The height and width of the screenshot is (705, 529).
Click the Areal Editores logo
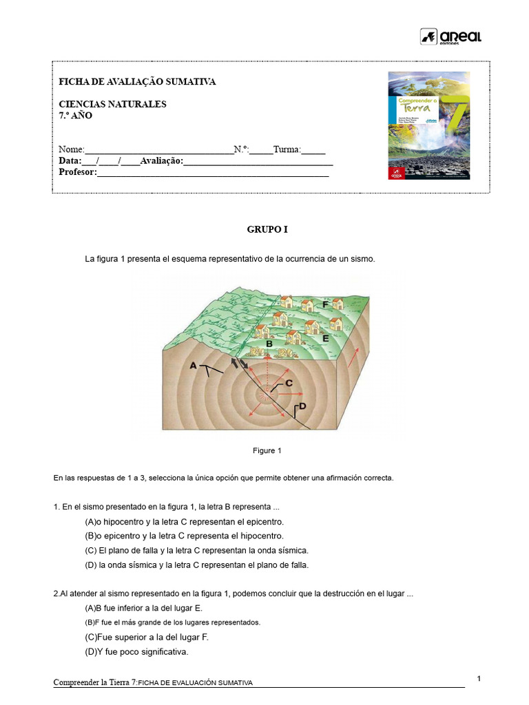[450, 36]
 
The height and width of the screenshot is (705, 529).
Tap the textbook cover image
[428, 126]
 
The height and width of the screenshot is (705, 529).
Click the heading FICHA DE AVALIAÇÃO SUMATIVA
[137, 82]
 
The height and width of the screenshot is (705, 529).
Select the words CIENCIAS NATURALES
[112, 104]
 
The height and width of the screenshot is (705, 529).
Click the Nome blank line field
[159, 150]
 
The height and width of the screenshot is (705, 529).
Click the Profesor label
[77, 171]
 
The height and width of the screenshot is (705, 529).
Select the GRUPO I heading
[267, 230]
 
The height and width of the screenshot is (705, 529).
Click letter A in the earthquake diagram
[193, 366]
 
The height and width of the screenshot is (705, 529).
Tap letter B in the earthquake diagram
[269, 342]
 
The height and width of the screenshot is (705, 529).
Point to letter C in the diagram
[289, 383]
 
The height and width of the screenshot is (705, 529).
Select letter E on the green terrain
[325, 339]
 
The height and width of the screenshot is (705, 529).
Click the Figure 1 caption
[267, 451]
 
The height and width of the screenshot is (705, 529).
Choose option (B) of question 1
[184, 536]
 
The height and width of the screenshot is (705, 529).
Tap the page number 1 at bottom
[479, 680]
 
